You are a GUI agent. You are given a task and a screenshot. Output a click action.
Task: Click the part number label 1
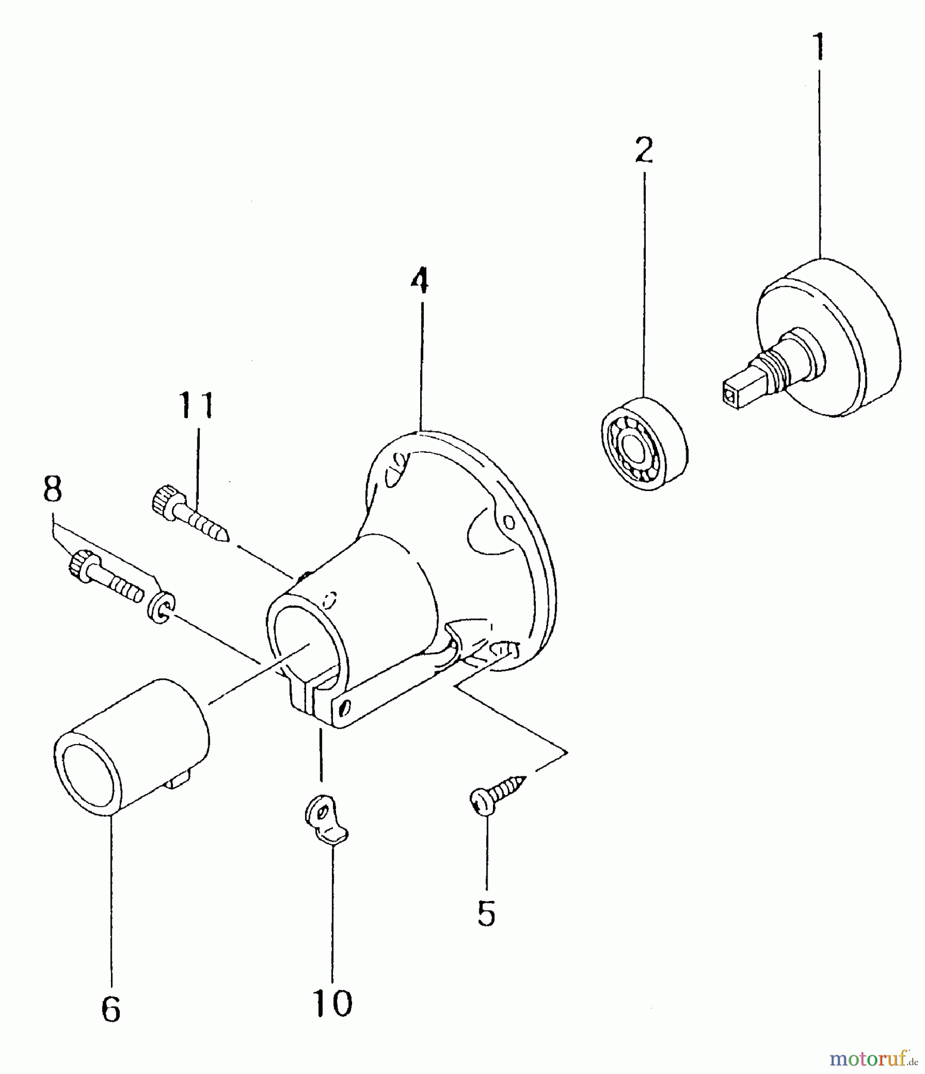coord(819,48)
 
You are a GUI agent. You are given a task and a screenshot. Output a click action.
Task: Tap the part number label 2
coord(644,150)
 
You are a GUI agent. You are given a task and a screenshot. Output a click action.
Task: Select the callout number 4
coord(420,280)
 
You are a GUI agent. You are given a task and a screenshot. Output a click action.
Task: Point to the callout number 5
coord(486,913)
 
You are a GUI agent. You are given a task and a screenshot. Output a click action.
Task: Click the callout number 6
coord(111,1010)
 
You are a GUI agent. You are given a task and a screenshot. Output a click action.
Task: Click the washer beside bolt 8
coord(160,607)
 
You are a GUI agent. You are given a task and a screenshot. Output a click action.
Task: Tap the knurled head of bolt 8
coord(79,563)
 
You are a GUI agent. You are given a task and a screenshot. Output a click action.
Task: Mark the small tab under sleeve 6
coord(181,779)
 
